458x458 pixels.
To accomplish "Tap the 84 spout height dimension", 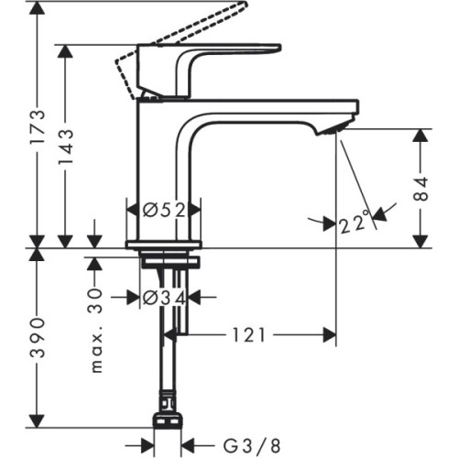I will pos(420,188).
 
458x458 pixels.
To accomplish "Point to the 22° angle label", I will pos(354,222).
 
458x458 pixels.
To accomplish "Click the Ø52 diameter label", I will pos(162,210).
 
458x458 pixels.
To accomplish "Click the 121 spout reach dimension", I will pos(249,335).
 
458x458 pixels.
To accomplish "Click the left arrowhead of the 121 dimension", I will pos(170,335).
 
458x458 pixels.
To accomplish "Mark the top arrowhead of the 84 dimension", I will pos(420,135).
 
